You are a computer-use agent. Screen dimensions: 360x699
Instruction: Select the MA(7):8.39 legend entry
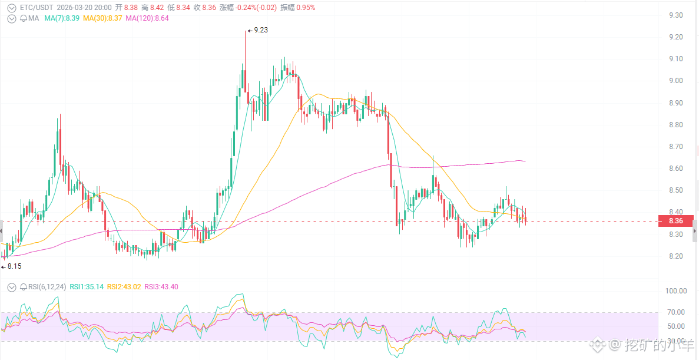(x=62, y=18)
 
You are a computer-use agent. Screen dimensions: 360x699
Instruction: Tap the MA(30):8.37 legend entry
(x=102, y=18)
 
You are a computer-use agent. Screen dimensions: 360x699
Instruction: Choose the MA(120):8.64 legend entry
(x=147, y=18)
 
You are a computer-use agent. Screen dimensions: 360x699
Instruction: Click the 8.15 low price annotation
(x=14, y=266)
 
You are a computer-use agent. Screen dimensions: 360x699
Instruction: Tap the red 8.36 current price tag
(x=675, y=222)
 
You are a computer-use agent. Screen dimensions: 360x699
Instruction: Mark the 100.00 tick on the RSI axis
(x=675, y=291)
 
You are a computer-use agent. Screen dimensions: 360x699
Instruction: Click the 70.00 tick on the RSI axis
(x=675, y=312)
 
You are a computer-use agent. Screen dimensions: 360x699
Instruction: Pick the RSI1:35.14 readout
(x=87, y=287)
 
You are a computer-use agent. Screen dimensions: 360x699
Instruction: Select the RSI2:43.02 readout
(x=124, y=287)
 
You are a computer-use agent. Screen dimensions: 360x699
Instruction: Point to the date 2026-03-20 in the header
(x=74, y=8)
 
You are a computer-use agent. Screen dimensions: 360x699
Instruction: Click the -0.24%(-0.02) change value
(x=254, y=8)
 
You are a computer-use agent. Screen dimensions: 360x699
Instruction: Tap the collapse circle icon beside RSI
(x=12, y=287)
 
